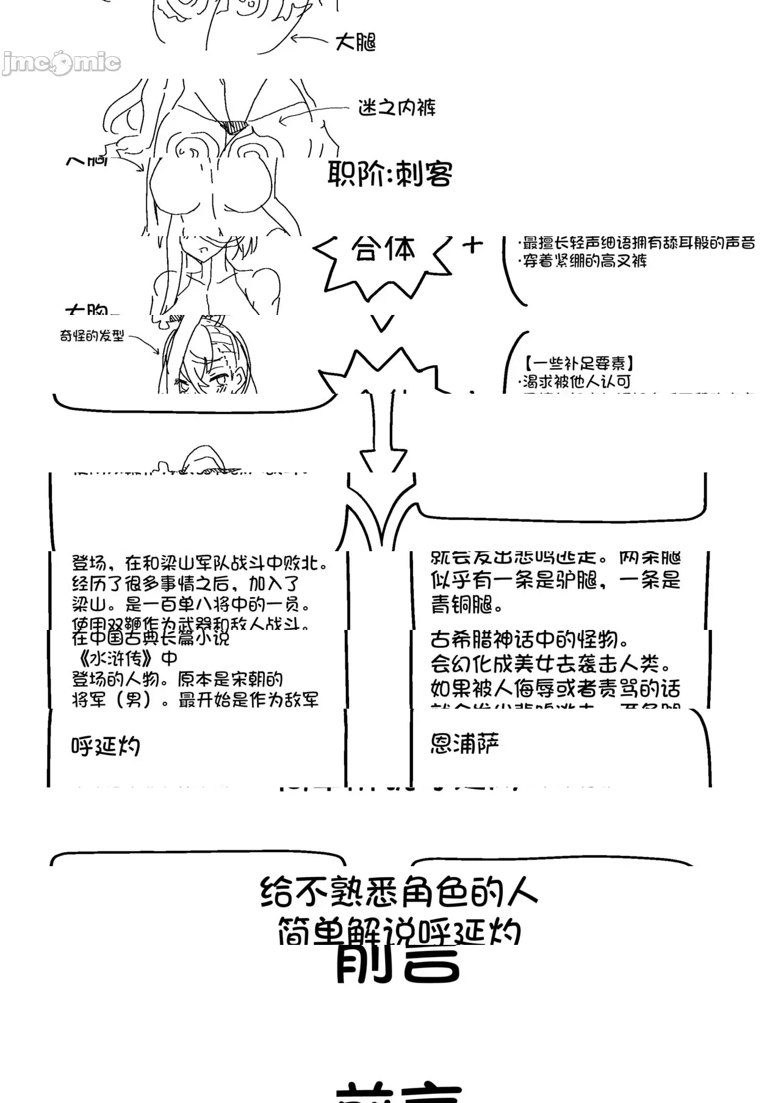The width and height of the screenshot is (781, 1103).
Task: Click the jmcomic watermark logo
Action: tap(61, 62)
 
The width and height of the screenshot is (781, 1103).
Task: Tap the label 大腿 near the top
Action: tap(355, 42)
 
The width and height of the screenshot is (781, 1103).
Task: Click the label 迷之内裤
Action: tap(397, 108)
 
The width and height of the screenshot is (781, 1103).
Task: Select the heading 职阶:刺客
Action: tap(390, 175)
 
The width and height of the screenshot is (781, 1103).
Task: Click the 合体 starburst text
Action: tap(383, 250)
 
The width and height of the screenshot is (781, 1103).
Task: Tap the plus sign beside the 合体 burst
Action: tap(472, 245)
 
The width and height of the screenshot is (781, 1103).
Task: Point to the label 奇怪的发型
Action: tap(92, 336)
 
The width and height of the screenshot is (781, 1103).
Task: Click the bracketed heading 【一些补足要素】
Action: tap(578, 364)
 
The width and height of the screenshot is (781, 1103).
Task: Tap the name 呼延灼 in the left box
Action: tap(106, 746)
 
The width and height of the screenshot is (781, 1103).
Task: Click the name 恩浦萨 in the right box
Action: tap(465, 743)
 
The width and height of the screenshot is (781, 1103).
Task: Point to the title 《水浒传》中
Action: tap(125, 659)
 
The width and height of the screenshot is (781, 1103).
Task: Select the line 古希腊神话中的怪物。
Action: tap(530, 640)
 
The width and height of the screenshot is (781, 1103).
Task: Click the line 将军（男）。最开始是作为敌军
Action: tap(195, 700)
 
